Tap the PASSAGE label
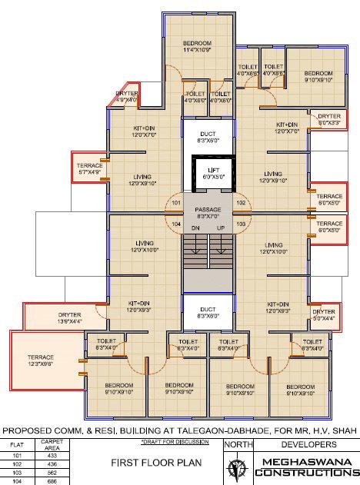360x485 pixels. (x=208, y=209)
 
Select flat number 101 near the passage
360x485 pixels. (x=176, y=203)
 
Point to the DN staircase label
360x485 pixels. (x=195, y=228)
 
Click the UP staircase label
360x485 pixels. (x=222, y=228)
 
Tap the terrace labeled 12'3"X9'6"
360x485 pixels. (x=40, y=361)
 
